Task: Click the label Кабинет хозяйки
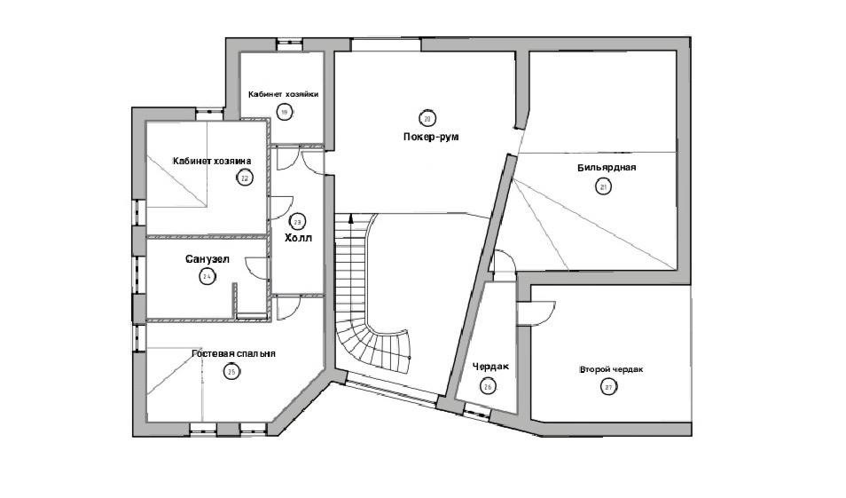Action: [284, 94]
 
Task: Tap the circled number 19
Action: [284, 112]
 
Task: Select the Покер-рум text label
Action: [429, 138]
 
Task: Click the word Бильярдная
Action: [607, 167]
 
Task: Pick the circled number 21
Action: [604, 186]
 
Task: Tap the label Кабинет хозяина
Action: [212, 161]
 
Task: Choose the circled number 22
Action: [245, 178]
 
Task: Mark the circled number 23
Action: [298, 222]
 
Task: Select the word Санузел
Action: [208, 260]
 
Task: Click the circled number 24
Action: [208, 277]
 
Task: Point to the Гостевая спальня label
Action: [233, 353]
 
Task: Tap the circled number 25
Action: [231, 372]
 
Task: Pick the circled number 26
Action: [487, 385]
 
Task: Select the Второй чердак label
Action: [611, 368]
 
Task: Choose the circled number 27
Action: [609, 386]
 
